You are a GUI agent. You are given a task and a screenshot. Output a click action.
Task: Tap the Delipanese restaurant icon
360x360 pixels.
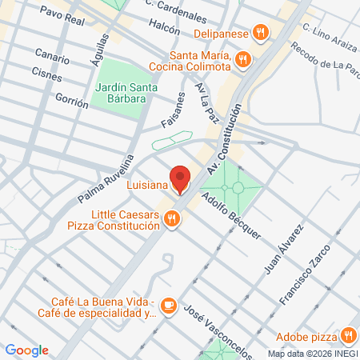pyautogui.click(x=260, y=33)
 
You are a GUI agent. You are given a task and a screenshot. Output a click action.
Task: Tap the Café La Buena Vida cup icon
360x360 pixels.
pyautogui.click(x=168, y=305)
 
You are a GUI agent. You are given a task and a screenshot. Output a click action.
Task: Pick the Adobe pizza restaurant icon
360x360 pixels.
pyautogui.click(x=348, y=335)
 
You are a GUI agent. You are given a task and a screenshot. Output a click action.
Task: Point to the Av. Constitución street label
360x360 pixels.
pyautogui.click(x=224, y=143)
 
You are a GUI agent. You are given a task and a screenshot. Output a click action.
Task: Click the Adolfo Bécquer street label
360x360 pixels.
pyautogui.click(x=232, y=216)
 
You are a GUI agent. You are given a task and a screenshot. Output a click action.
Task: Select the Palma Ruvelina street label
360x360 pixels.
pyautogui.click(x=106, y=178)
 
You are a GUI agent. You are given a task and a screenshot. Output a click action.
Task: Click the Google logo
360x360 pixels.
pyautogui.click(x=27, y=350)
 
